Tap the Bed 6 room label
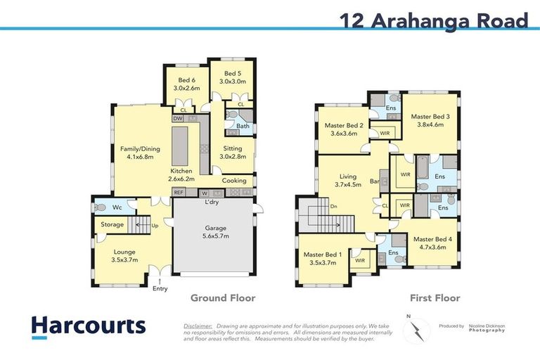(x=186, y=84)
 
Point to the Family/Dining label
(x=141, y=153)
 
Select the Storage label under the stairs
(x=112, y=224)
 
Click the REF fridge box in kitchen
(x=179, y=192)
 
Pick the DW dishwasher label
(x=178, y=119)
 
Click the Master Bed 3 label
(x=430, y=121)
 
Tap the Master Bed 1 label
(x=323, y=258)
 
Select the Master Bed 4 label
(x=432, y=243)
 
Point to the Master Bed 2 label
(x=343, y=129)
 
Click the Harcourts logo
(x=89, y=326)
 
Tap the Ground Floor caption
(x=223, y=298)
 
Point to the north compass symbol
(x=417, y=327)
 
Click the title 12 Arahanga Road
(x=434, y=20)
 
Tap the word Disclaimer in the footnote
(x=198, y=326)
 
